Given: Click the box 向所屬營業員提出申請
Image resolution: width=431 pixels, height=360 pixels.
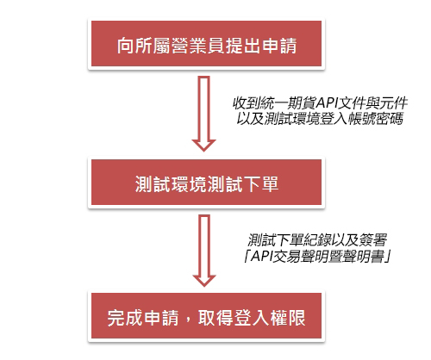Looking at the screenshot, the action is tap(206, 43).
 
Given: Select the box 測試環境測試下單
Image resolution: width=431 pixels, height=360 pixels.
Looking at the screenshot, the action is tap(206, 183).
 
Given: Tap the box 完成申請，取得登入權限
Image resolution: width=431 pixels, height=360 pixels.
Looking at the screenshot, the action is tap(206, 316).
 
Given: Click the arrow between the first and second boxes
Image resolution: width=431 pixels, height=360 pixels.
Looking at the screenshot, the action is tap(204, 114).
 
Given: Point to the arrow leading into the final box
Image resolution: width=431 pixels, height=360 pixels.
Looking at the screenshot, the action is tap(204, 251).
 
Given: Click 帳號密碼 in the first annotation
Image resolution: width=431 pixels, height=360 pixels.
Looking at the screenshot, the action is tap(376, 118).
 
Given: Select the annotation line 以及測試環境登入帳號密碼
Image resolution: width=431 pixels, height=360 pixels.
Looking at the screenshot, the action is tap(320, 118).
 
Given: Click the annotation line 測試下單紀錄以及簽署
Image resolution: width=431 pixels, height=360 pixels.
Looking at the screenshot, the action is tap(317, 240).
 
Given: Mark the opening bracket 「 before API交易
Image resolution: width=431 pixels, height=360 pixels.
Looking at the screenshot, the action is tap(247, 256).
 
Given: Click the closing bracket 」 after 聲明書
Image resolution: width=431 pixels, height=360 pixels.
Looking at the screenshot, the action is tap(387, 256).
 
